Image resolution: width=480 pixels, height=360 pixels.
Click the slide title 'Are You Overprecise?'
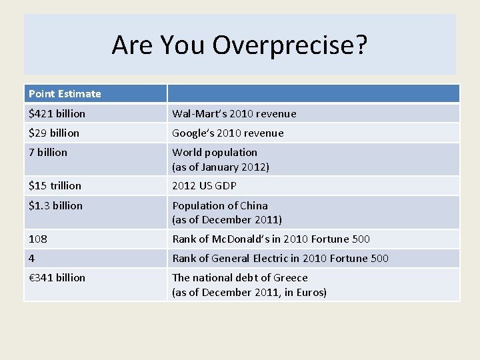239,45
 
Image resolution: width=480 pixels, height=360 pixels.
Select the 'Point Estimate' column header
65,94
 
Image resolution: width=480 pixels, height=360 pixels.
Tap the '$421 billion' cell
57,113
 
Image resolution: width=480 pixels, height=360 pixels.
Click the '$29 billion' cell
54,133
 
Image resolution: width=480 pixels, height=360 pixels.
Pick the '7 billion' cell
48,153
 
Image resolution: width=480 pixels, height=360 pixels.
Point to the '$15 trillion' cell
55,185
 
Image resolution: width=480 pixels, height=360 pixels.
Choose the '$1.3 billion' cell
56,205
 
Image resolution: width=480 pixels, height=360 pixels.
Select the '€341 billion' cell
57,277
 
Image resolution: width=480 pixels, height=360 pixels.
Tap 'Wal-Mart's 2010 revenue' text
234,113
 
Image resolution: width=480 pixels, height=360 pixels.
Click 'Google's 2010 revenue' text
228,133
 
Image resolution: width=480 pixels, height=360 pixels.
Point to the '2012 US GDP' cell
204,185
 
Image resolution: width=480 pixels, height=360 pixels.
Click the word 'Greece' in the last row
291,277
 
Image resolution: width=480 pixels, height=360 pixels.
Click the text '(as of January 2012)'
221,167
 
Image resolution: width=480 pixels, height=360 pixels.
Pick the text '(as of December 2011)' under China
227,219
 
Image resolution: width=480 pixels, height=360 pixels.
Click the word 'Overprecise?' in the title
290,45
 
